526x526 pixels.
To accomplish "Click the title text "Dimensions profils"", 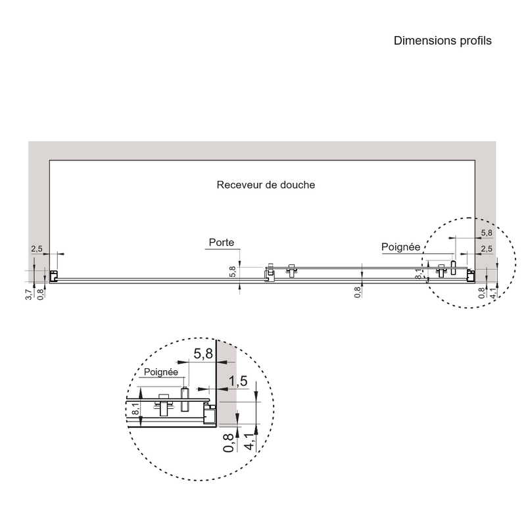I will tap(442, 41).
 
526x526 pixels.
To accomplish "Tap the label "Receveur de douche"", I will tap(266, 185).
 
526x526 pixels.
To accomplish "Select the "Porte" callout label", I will tap(222, 243).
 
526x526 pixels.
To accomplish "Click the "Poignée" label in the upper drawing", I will tap(400, 247).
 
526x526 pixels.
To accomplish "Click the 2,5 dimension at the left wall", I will tap(36, 249).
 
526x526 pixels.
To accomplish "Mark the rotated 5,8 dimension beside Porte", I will tap(233, 272).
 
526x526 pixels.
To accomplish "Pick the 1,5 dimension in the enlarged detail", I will tap(238, 381).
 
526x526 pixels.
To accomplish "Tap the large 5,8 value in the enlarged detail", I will tap(203, 354).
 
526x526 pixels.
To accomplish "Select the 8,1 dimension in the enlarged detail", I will tap(135, 409).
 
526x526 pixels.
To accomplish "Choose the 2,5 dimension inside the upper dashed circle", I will tap(487, 249).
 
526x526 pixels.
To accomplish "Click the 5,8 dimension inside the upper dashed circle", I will tap(487, 233).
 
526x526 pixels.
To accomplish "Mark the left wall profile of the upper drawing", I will tap(54, 276).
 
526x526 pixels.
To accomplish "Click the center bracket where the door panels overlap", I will tap(268, 273).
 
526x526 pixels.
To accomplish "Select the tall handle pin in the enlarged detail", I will tap(186, 396).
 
